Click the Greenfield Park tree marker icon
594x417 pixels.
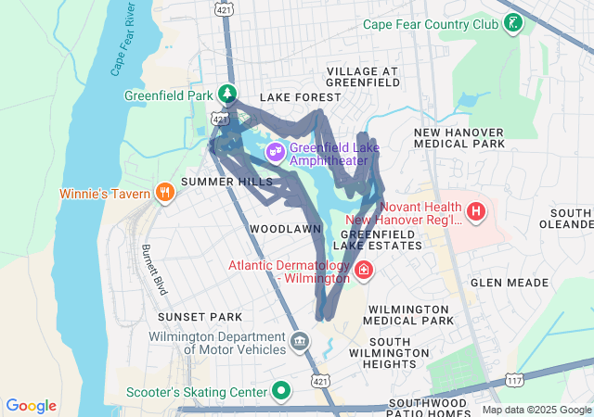[226, 95]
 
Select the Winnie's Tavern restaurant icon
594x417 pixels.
[164, 192]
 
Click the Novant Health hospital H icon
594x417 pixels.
[476, 212]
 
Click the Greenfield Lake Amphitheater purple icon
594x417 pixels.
[275, 151]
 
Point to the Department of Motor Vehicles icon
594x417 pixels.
[300, 342]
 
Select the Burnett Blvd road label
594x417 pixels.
[153, 270]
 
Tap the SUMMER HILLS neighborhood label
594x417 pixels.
[227, 182]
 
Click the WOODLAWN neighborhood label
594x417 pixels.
[286, 228]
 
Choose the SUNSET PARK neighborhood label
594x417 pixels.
[200, 317]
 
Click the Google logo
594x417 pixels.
[32, 406]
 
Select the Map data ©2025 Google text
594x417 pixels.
[536, 410]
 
